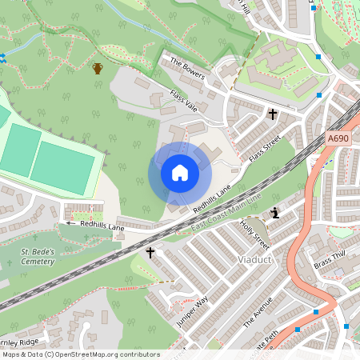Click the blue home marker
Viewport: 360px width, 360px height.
(180, 173)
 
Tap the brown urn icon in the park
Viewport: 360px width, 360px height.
(98, 68)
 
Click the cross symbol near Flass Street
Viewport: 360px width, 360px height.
(272, 115)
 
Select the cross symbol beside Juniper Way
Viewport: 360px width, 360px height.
(150, 253)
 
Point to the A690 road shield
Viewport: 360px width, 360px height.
(338, 138)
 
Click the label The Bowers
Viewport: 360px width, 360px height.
(188, 70)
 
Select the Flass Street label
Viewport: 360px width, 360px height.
(265, 149)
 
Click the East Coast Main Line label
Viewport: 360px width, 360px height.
(227, 214)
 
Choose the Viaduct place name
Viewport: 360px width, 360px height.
(256, 261)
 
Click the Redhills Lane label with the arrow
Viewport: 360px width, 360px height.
(95, 226)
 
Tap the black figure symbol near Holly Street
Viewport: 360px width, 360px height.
(276, 213)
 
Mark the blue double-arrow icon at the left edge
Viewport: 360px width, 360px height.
(2, 58)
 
